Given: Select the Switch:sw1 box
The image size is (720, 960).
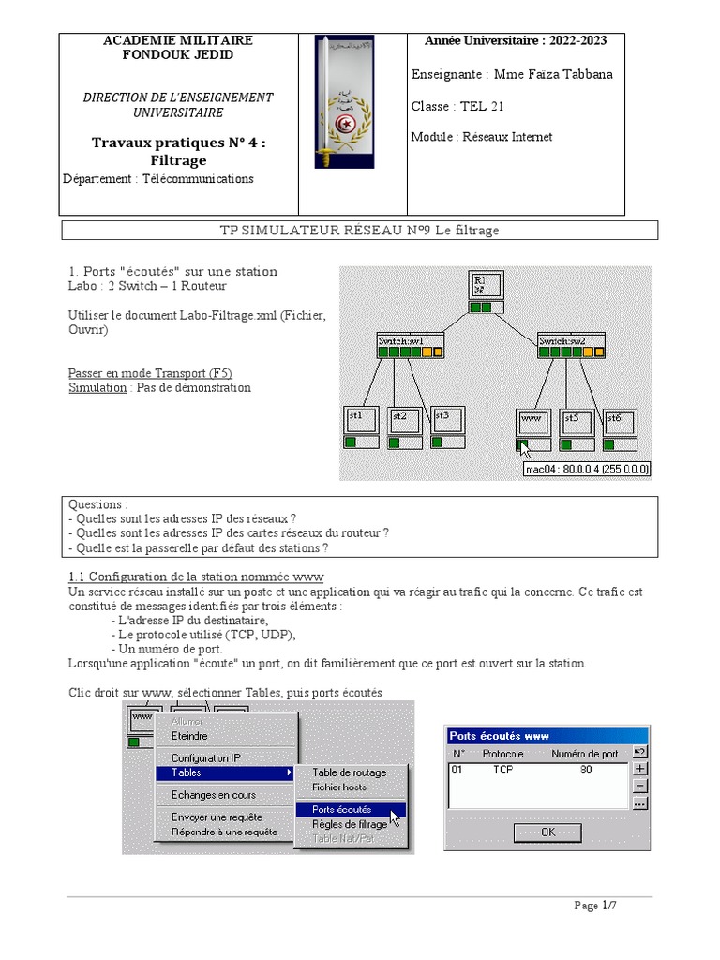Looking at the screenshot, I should tap(409, 346).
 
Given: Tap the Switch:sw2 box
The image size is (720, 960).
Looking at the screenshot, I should tap(570, 346).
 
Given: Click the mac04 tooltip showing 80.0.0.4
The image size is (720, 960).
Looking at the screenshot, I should tap(587, 469).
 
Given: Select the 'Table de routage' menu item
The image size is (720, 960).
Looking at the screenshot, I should tap(349, 772).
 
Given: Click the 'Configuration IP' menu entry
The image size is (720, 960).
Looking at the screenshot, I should tap(206, 757).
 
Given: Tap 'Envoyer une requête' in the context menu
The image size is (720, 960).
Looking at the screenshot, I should tap(217, 817).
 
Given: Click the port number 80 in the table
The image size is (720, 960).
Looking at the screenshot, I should tap(586, 770).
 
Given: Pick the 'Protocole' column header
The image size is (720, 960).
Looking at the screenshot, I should tap(502, 754).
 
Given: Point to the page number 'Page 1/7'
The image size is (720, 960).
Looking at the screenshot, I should tap(595, 905).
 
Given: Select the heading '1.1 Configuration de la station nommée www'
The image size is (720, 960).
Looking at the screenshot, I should tap(196, 576).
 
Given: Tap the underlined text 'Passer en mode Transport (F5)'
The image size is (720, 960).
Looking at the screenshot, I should tap(150, 372).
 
